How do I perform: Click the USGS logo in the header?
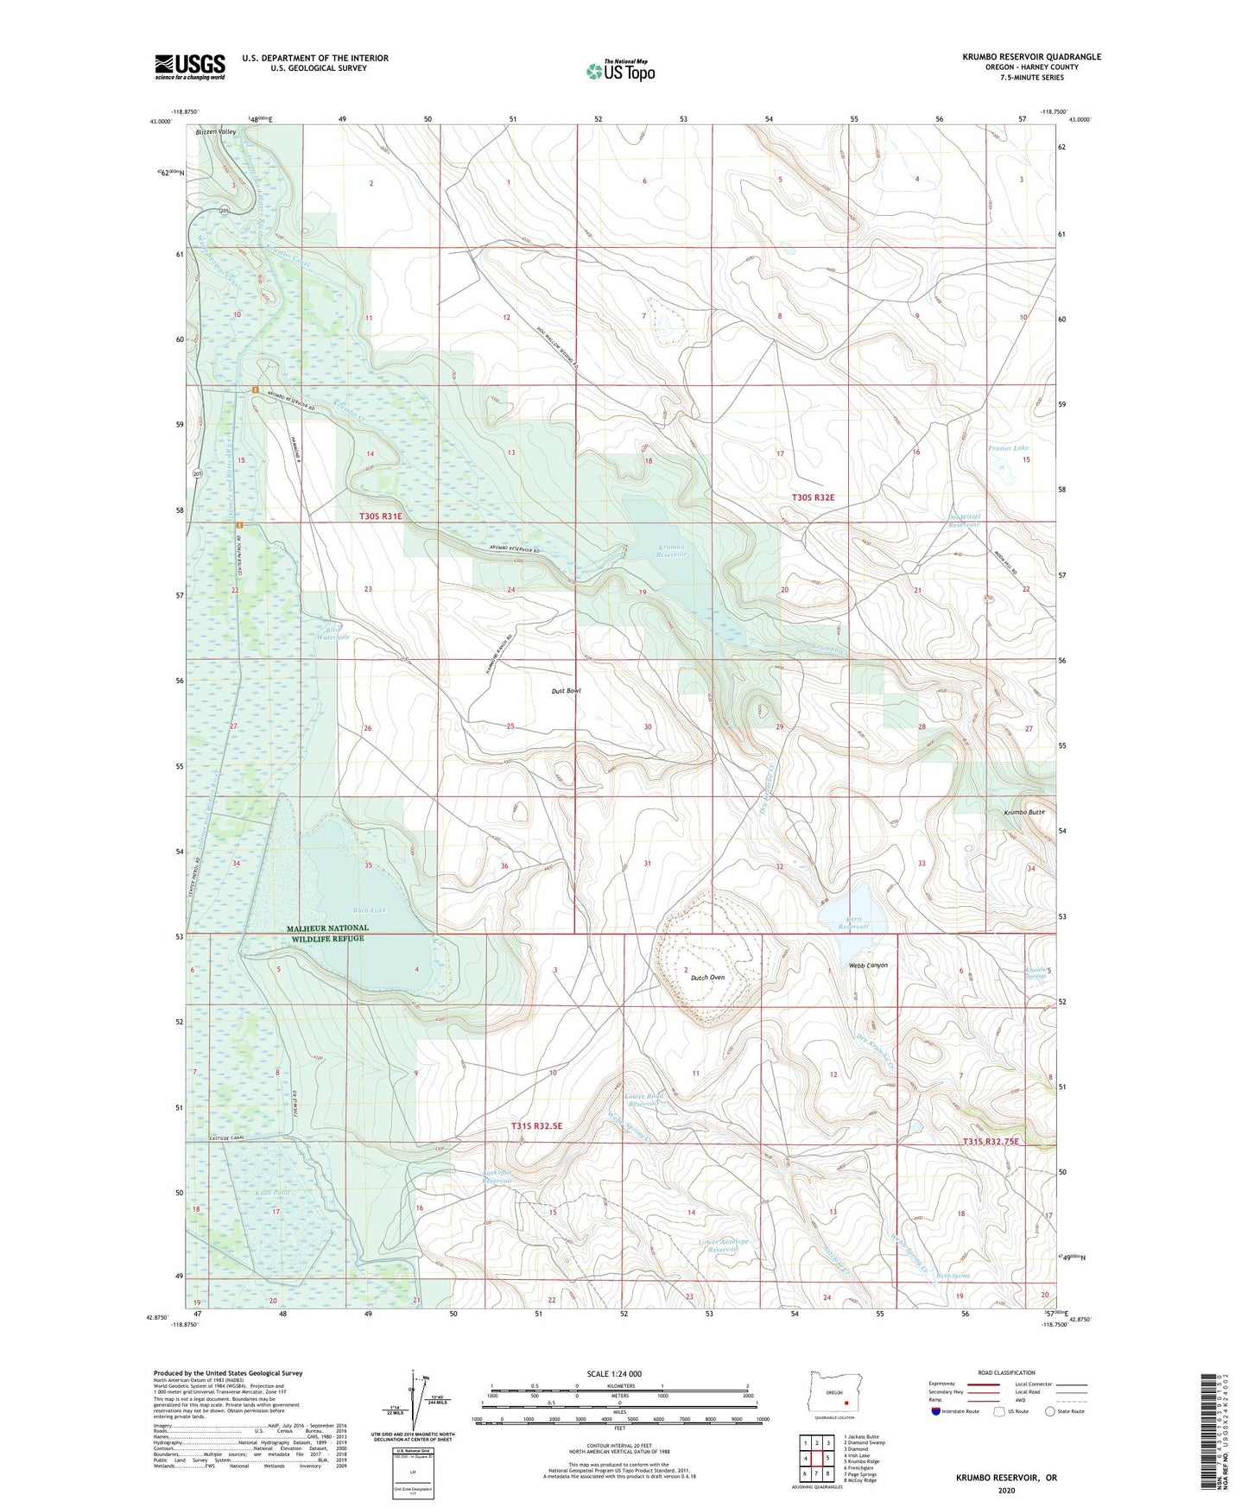[189, 67]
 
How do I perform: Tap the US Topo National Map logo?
[620, 70]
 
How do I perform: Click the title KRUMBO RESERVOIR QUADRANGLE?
[1031, 57]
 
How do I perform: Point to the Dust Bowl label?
[567, 691]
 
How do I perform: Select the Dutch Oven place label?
[706, 977]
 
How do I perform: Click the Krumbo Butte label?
[1024, 813]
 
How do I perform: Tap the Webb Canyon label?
[868, 965]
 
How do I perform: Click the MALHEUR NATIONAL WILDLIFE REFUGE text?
[327, 934]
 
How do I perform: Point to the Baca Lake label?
[369, 909]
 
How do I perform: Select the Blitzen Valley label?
[215, 132]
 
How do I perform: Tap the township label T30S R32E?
[814, 497]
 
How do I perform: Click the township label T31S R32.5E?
[536, 1126]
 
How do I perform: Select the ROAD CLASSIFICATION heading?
[1006, 1372]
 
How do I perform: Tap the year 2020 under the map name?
[1006, 1490]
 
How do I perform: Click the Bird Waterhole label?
[333, 632]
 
